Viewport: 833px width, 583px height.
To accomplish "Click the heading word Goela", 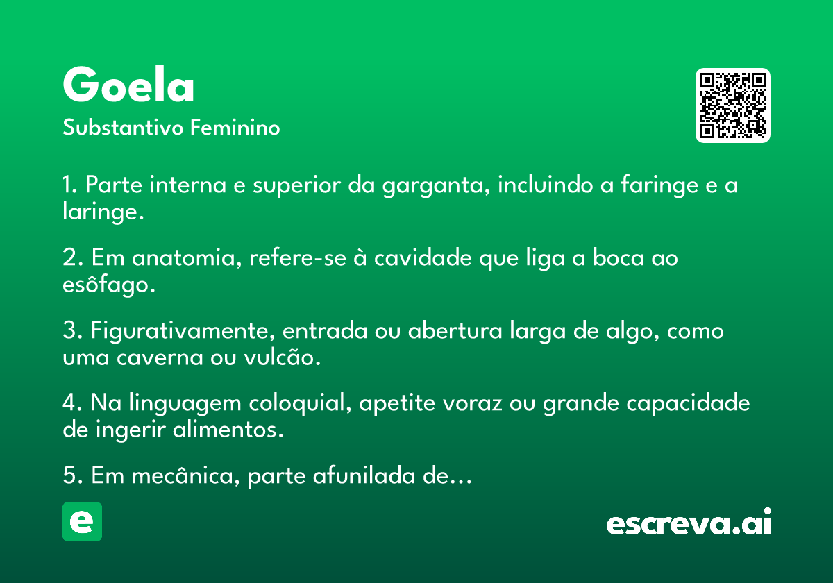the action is [128, 84].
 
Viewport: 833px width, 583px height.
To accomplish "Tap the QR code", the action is [732, 105].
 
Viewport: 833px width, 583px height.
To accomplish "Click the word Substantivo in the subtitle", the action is [123, 128].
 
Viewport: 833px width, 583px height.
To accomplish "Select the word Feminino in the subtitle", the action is [235, 127].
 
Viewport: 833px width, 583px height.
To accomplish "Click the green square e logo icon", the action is [82, 521].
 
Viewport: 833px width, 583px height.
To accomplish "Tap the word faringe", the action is [659, 185].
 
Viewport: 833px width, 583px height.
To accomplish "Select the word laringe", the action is [103, 212].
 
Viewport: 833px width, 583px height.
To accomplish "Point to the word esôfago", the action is [108, 285].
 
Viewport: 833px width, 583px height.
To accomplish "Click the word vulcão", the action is [283, 357].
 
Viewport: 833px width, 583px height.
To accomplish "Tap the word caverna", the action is [160, 358].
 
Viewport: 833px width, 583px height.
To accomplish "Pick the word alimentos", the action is [228, 430].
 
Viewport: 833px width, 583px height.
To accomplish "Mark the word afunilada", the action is [364, 475].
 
